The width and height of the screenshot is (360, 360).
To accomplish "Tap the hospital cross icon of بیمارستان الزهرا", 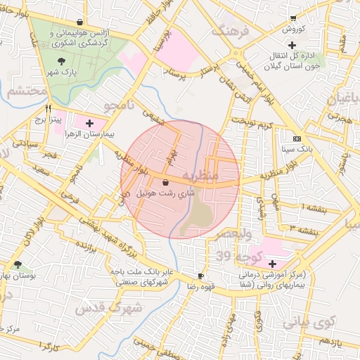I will [89, 124].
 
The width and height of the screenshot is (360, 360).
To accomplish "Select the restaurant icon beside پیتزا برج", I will [48, 109].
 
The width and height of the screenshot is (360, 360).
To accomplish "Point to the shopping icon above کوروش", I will [292, 19].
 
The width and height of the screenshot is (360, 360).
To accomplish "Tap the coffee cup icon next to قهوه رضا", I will [200, 276].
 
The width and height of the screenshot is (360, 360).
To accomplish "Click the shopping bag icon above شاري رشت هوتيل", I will [165, 182].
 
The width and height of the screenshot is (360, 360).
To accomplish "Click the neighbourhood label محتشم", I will [26, 92].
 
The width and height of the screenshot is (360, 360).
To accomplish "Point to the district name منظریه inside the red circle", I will [201, 174].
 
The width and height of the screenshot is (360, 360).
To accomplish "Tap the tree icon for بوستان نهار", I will [17, 265].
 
